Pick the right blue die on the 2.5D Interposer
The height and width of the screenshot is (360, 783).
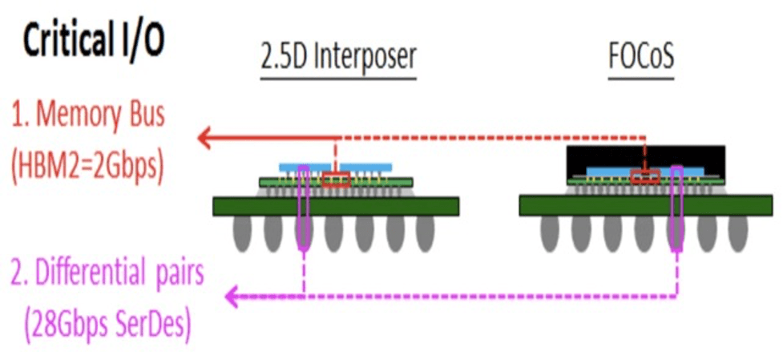point(372,166)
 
